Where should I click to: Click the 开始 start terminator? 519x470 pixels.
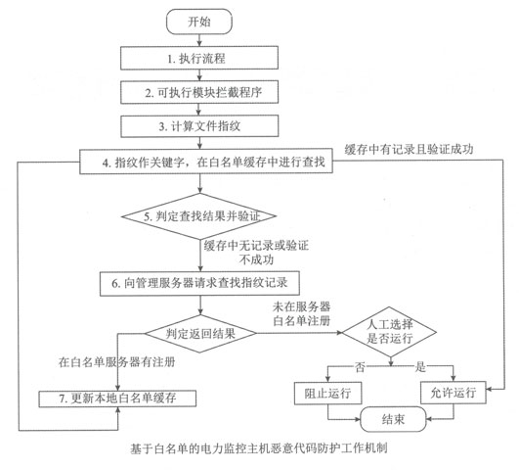199,22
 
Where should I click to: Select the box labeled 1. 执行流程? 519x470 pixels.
199,58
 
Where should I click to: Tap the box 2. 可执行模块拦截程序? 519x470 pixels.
199,92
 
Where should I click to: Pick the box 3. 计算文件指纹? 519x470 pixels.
199,126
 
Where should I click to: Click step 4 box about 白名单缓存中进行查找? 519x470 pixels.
206,162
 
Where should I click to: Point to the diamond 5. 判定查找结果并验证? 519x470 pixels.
199,216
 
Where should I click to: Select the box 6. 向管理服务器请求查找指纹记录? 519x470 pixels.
199,283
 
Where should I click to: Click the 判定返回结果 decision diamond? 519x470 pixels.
200,333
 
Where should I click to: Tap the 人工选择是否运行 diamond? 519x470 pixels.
389,332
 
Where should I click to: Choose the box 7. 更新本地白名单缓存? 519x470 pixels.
117,399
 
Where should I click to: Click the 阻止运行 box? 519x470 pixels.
327,393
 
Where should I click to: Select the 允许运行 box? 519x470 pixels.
454,393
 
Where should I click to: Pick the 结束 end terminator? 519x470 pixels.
393,419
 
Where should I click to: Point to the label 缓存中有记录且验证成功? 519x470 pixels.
409,149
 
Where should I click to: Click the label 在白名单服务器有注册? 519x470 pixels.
117,362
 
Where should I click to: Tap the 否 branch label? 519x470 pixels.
360,367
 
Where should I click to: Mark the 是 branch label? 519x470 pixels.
420,367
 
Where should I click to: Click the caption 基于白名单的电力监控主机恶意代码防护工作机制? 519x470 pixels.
258,448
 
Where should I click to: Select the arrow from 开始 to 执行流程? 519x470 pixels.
199,40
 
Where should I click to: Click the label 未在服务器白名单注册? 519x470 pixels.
302,313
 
